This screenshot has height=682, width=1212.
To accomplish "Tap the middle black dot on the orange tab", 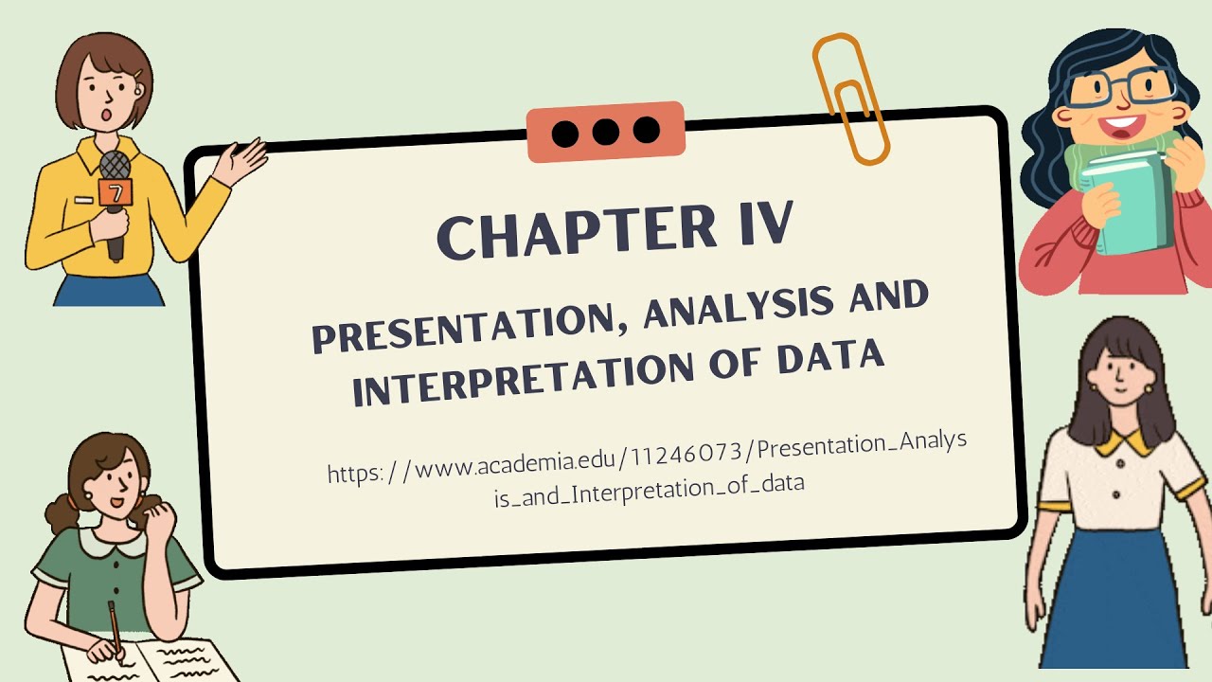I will [x=605, y=132].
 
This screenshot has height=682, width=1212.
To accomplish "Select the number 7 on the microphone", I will [x=116, y=193].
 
